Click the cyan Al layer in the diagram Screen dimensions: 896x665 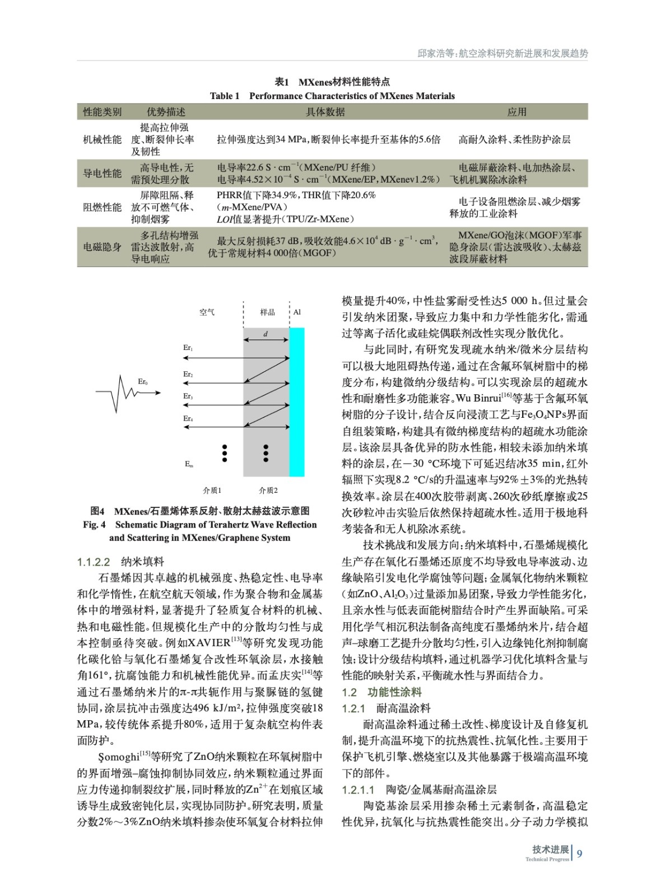pyautogui.click(x=297, y=402)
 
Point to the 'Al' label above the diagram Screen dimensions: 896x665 pyautogui.click(x=297, y=312)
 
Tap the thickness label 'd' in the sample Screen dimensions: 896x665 pyautogui.click(x=266, y=334)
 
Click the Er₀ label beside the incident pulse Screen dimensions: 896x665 pyautogui.click(x=143, y=382)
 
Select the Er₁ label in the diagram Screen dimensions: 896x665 pyautogui.click(x=188, y=348)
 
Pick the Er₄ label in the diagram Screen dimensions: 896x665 pyautogui.click(x=188, y=418)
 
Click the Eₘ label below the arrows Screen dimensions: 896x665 pyautogui.click(x=189, y=464)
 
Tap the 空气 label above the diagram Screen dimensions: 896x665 pyautogui.click(x=207, y=312)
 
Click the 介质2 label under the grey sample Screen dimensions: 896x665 pyautogui.click(x=268, y=491)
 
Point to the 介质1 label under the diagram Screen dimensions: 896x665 pyautogui.click(x=212, y=491)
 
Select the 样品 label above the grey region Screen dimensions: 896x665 pyautogui.click(x=267, y=312)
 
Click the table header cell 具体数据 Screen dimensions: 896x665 pyautogui.click(x=325, y=112)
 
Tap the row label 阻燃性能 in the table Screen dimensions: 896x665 pyautogui.click(x=102, y=207)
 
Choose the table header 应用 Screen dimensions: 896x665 pyautogui.click(x=517, y=112)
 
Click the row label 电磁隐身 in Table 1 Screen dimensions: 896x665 pyautogui.click(x=102, y=247)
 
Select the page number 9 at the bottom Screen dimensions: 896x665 pyautogui.click(x=580, y=853)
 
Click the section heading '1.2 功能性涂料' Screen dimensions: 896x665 pyautogui.click(x=382, y=692)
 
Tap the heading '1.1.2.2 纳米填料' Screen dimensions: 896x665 pyautogui.click(x=120, y=562)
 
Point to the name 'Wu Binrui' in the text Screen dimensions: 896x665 pyautogui.click(x=478, y=399)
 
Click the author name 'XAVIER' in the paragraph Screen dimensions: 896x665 pyautogui.click(x=209, y=642)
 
